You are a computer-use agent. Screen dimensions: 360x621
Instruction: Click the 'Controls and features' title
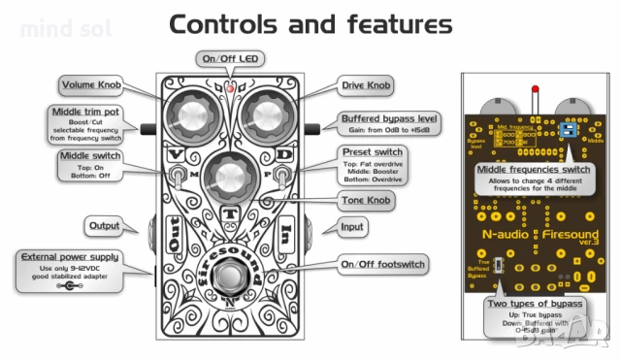coord(310,23)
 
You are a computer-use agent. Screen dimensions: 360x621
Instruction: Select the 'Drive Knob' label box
coord(366,86)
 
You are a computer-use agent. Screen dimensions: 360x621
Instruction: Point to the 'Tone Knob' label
coord(366,199)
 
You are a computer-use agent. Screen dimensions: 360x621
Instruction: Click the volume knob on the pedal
coord(189,117)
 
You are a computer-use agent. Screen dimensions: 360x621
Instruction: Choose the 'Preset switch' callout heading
coord(372,152)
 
